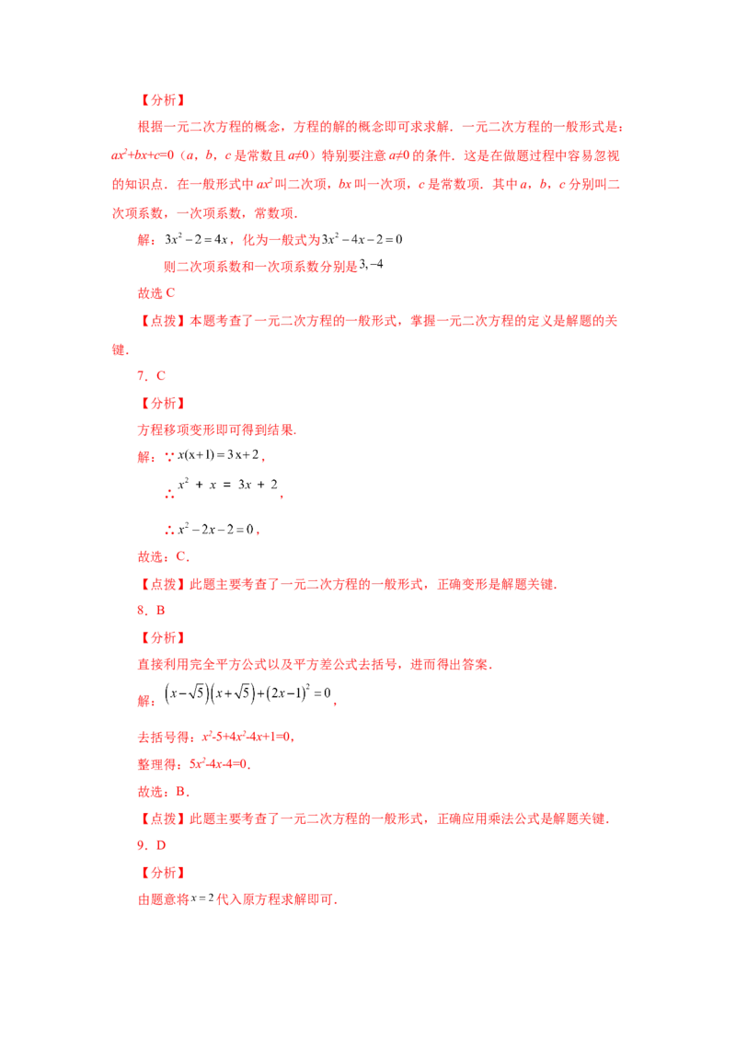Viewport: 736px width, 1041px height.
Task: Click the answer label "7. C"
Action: tap(151, 376)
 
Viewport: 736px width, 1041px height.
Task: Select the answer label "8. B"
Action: tap(151, 610)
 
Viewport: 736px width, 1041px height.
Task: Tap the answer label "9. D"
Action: tap(152, 845)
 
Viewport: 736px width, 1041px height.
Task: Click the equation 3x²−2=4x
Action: tap(196, 239)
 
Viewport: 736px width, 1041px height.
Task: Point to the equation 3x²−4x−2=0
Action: tap(362, 239)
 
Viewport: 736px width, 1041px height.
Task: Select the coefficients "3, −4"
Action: tap(371, 265)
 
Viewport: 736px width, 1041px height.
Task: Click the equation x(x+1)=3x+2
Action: tap(218, 455)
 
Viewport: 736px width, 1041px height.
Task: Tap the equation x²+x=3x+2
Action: tap(227, 485)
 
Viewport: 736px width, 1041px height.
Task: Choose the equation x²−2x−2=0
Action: tap(215, 529)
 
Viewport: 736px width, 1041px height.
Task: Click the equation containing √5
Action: tap(247, 693)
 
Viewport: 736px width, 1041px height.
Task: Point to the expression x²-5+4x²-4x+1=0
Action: tap(247, 737)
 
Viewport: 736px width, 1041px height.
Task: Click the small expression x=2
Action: tap(201, 898)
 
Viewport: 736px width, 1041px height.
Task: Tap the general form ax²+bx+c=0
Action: tap(143, 155)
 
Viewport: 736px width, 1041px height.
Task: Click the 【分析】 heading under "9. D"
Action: tap(163, 873)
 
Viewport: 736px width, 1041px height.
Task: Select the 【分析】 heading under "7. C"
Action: tap(163, 403)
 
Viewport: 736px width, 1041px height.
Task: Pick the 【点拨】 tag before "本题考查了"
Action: tap(163, 321)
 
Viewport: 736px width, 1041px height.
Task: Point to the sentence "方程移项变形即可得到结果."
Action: tap(216, 429)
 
